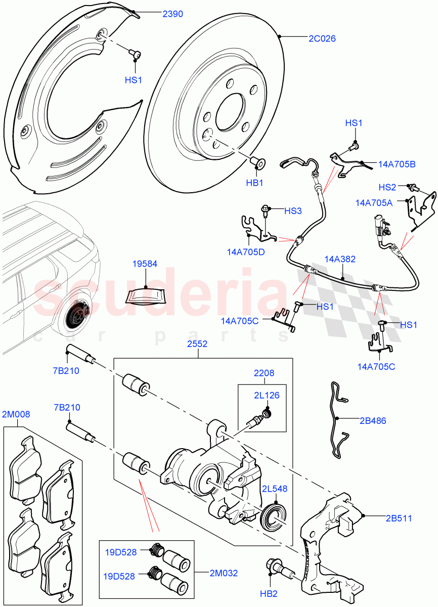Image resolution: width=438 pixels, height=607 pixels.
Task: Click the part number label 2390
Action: (x=172, y=15)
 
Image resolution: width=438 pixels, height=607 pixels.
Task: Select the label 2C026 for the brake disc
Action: (x=322, y=38)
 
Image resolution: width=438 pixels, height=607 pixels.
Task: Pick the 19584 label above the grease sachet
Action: (x=145, y=264)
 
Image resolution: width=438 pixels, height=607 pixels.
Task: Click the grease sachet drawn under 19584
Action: (x=145, y=296)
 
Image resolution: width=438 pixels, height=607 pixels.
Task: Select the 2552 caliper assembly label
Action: (x=197, y=343)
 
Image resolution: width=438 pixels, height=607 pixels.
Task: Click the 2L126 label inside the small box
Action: (x=268, y=396)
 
